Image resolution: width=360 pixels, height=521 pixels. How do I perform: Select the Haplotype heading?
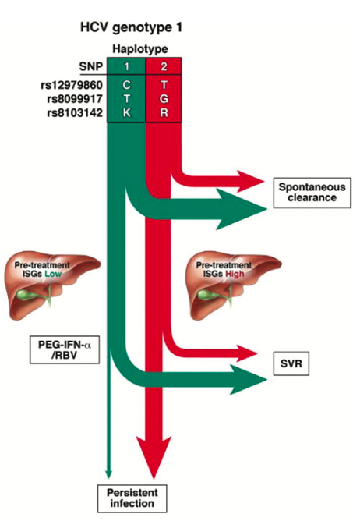coord(145,48)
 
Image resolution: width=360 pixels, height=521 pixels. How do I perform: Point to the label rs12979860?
coord(75,84)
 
